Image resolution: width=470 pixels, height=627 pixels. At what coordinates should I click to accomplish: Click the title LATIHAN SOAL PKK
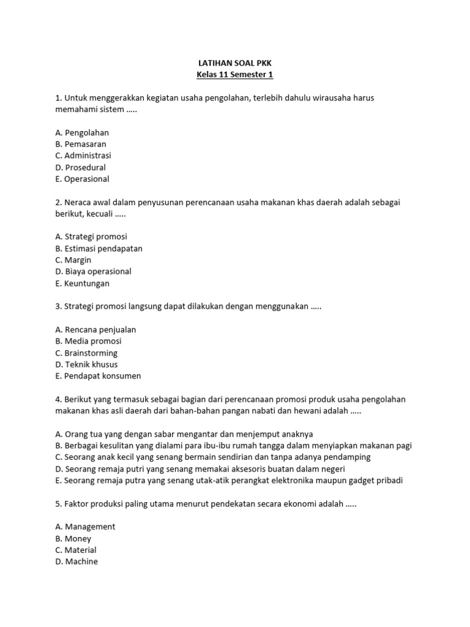(234, 62)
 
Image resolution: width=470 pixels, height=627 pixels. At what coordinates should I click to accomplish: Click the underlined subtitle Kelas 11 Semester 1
(234, 75)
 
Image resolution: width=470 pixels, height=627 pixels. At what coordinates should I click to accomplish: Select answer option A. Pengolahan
(82, 132)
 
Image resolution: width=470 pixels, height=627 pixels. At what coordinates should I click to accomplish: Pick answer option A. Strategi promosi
(91, 236)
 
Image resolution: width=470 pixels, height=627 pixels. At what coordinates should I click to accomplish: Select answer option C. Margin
(73, 260)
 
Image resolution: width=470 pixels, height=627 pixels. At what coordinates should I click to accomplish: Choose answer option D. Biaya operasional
(93, 271)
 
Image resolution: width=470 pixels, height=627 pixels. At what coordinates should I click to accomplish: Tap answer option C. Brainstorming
(86, 353)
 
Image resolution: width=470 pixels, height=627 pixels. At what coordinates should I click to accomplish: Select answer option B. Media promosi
(88, 341)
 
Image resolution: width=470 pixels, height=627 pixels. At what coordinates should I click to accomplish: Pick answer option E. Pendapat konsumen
(98, 376)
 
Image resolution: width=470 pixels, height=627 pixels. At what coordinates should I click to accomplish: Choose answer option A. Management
(85, 527)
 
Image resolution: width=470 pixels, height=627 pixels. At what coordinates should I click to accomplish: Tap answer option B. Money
(73, 538)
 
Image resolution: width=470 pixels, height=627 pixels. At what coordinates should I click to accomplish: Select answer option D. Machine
(76, 561)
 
